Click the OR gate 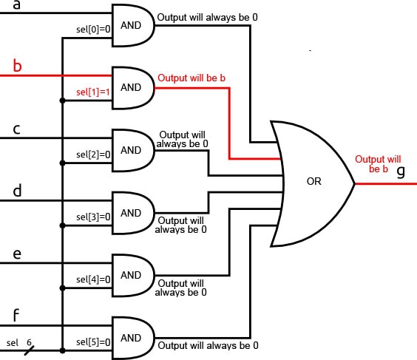(x=312, y=182)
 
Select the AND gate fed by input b (x=132, y=86)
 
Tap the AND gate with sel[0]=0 (x=132, y=24)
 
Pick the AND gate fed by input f (x=132, y=338)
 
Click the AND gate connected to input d (x=132, y=212)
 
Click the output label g (x=401, y=171)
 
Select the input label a (x=18, y=5)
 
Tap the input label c (x=16, y=129)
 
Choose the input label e (x=17, y=254)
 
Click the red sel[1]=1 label (x=93, y=92)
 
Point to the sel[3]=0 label (x=93, y=217)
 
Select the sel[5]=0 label (x=93, y=342)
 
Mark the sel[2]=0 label (x=93, y=155)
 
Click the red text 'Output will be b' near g (x=377, y=164)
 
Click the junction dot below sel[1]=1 (x=63, y=101)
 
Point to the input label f (x=16, y=316)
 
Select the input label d (x=17, y=191)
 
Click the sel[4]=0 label (x=93, y=279)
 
